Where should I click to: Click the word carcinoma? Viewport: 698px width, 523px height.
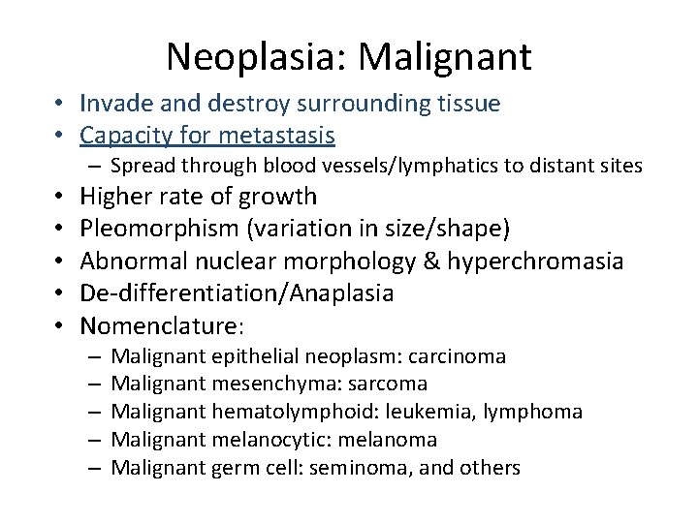click(x=458, y=356)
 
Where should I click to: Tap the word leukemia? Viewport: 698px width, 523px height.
click(x=446, y=413)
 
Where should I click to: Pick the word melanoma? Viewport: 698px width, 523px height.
click(x=393, y=441)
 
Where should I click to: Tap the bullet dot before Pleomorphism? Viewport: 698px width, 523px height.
click(x=61, y=230)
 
